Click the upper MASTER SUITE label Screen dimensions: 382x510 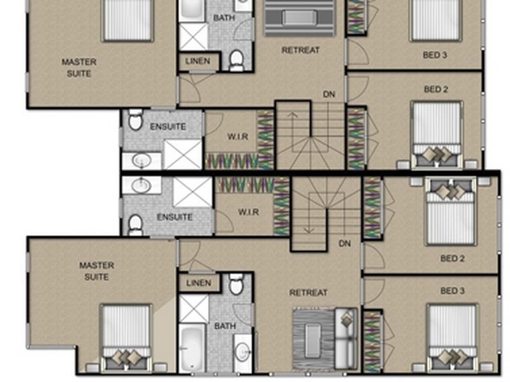point(79,67)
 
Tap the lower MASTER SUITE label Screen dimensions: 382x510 point(97,271)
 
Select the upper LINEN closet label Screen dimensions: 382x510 point(198,62)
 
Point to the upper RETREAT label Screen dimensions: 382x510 point(300,50)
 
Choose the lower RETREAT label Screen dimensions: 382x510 point(308,293)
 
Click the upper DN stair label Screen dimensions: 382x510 point(329,94)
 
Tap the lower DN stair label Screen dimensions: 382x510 point(345,243)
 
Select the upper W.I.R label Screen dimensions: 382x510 point(237,136)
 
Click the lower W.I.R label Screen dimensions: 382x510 point(248,212)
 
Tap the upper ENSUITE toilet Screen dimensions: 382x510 point(135,120)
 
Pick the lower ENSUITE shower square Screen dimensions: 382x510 point(192,192)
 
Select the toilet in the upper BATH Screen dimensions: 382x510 point(237,60)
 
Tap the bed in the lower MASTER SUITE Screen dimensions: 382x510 point(126,337)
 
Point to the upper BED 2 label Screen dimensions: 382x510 point(435,90)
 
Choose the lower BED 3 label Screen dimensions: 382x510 point(453,291)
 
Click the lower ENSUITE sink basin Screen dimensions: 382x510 point(141,185)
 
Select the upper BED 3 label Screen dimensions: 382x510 point(435,55)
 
